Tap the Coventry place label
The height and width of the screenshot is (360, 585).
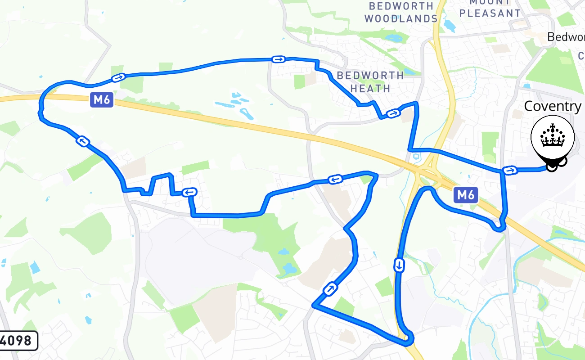[553, 106]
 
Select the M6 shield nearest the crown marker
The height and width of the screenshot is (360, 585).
[465, 195]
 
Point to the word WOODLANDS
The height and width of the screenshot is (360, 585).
[400, 19]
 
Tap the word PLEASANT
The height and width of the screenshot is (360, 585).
[490, 13]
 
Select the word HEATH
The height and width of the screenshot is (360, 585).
[370, 88]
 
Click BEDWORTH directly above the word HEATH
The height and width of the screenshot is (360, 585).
[370, 75]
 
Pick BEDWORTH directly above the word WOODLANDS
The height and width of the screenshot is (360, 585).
[401, 6]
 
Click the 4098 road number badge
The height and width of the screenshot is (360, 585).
[18, 341]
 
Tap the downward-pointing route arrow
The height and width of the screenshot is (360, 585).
[399, 265]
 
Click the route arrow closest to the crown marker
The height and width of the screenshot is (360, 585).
[510, 170]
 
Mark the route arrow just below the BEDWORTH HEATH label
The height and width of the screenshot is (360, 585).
[393, 113]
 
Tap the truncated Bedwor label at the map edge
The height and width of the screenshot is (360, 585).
[566, 37]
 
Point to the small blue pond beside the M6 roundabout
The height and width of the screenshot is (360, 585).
[416, 157]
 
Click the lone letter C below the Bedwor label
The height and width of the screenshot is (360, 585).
[581, 56]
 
